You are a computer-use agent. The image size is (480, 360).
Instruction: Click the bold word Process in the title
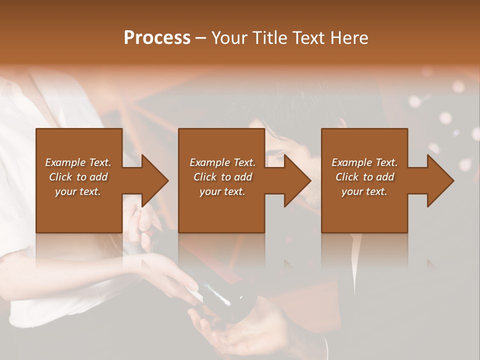[157, 38]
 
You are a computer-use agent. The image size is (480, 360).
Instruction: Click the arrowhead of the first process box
[153, 180]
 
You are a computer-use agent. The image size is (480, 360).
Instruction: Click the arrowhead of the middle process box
[296, 180]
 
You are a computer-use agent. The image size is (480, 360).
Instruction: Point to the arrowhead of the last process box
[439, 180]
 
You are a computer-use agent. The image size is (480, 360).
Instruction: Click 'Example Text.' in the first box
[78, 162]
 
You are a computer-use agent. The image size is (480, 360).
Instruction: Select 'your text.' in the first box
[78, 191]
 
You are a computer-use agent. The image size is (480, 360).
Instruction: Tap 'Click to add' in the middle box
[222, 177]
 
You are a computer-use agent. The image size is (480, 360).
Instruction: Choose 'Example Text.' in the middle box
[222, 162]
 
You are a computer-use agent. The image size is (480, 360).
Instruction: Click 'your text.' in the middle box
[222, 191]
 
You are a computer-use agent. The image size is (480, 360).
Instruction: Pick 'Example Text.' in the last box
[364, 162]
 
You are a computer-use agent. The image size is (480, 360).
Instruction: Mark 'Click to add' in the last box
[364, 177]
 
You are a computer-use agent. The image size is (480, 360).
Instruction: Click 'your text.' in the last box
[364, 191]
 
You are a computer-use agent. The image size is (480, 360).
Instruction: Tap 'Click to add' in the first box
[78, 177]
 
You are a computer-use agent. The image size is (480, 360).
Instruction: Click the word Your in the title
[229, 38]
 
